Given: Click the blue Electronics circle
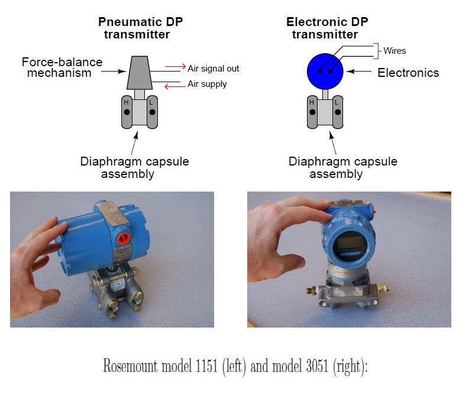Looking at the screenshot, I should [325, 71].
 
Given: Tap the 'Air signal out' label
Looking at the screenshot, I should [214, 69].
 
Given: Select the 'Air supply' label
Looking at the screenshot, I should [207, 84].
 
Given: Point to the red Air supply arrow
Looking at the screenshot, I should [174, 86].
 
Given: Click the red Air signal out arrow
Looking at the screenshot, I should [174, 66].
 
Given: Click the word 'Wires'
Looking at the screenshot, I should [395, 51].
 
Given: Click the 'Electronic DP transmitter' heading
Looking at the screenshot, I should [326, 28].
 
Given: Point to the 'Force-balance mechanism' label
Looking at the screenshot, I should [62, 67].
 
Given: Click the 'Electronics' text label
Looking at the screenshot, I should [408, 73].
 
